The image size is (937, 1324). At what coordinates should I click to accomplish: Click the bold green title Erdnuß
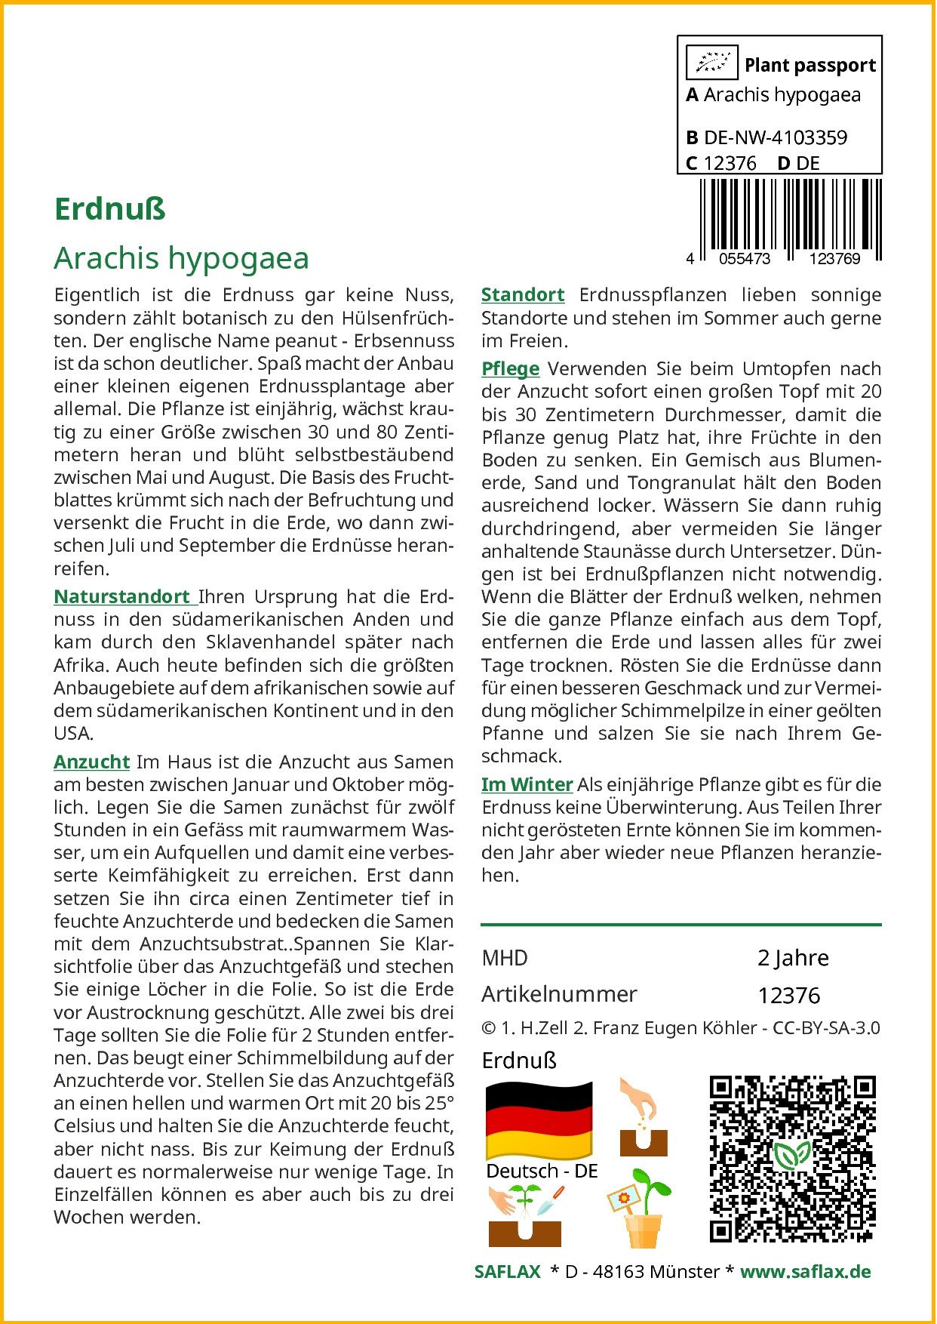tap(110, 209)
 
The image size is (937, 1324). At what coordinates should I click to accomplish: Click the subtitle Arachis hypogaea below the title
tap(182, 258)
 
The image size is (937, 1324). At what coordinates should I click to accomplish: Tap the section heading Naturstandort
tap(121, 596)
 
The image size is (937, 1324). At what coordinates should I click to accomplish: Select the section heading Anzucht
tap(91, 762)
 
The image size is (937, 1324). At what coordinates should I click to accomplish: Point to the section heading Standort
tap(523, 294)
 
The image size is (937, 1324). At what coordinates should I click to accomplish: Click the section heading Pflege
tap(511, 368)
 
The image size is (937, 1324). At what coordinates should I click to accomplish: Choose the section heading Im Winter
tap(527, 784)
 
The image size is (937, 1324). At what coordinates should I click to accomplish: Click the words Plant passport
tap(810, 66)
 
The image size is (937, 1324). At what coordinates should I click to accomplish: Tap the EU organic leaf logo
tap(711, 63)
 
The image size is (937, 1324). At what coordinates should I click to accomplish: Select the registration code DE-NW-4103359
tap(776, 137)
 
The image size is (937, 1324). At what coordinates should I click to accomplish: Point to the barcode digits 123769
tap(834, 259)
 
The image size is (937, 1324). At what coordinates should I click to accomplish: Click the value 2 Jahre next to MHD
tap(793, 958)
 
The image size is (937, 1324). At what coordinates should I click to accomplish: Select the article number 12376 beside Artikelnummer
tap(788, 996)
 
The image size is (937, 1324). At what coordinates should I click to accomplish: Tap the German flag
tap(539, 1119)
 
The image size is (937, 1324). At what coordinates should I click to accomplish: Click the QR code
tap(793, 1159)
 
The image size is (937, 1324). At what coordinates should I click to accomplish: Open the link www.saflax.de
tap(805, 1272)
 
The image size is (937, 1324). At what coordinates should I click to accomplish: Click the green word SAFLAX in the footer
tap(507, 1272)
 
